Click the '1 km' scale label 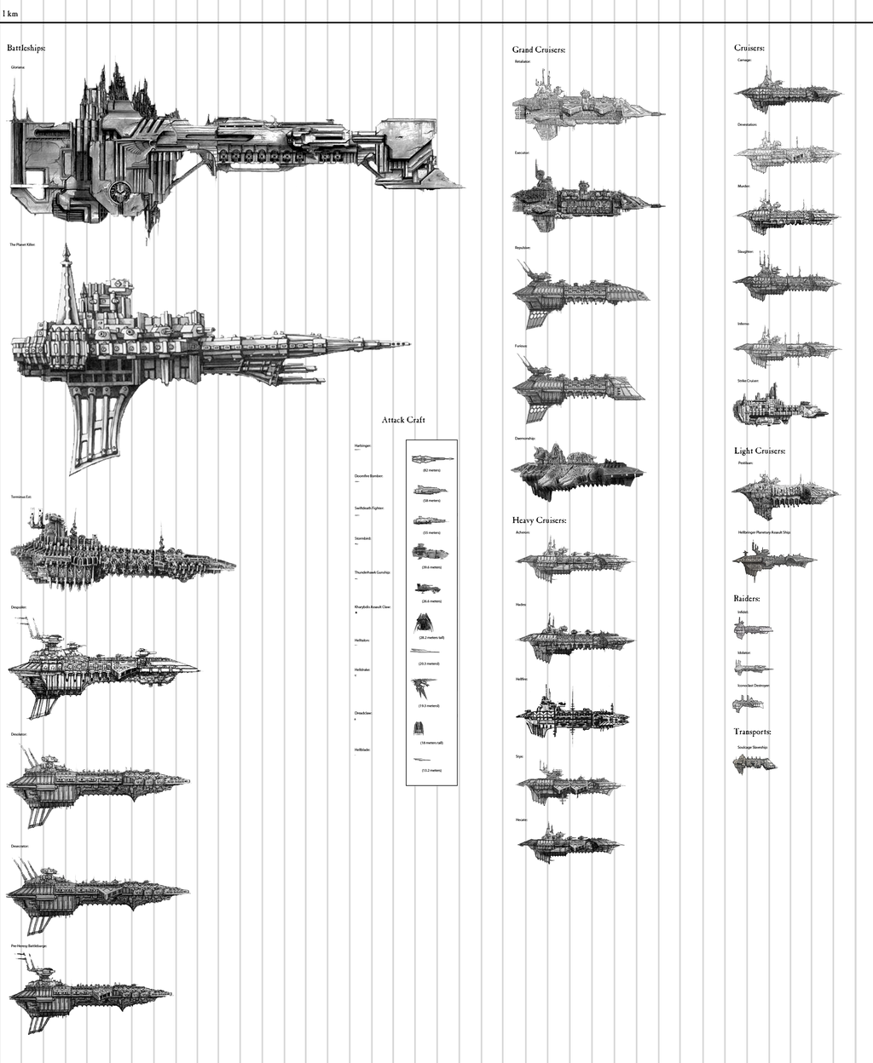[10, 14]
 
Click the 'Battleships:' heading [26, 49]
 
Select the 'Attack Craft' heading [403, 420]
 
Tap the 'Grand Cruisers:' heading [539, 50]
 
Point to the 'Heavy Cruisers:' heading [540, 520]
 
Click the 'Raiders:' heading [747, 599]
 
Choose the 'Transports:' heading [753, 732]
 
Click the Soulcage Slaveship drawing [754, 763]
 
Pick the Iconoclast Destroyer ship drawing [748, 703]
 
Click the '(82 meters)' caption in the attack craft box [431, 470]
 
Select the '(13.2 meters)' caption [431, 770]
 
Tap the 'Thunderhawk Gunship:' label [372, 572]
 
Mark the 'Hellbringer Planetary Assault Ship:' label [765, 531]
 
